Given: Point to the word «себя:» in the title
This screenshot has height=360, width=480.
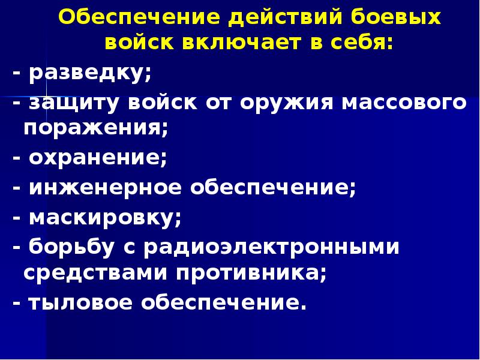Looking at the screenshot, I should [x=357, y=43].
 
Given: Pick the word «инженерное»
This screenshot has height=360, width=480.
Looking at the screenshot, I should [x=106, y=188].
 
